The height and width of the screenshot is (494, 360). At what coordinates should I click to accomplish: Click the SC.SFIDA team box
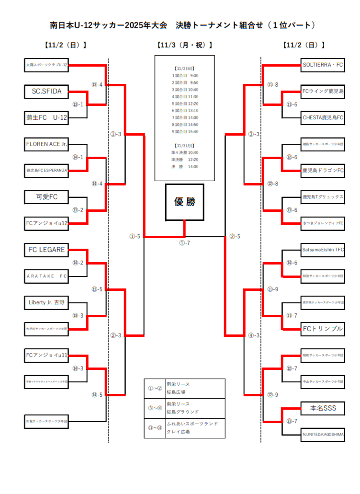(x=46, y=91)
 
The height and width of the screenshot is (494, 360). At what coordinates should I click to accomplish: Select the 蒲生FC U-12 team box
(x=46, y=117)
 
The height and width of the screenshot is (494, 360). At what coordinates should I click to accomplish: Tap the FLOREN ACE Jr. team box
(x=46, y=144)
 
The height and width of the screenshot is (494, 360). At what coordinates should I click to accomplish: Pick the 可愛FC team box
(x=46, y=196)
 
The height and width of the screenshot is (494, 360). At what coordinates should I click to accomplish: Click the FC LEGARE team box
(x=46, y=249)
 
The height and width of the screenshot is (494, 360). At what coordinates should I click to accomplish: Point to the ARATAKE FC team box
(x=46, y=276)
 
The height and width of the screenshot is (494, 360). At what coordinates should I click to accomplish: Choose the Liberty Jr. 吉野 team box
(x=46, y=302)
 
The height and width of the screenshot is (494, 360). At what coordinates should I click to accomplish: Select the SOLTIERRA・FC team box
(x=323, y=64)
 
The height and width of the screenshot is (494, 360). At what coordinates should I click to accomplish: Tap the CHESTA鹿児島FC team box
(x=323, y=117)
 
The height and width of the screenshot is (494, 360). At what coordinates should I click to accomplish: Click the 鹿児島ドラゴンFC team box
(x=323, y=170)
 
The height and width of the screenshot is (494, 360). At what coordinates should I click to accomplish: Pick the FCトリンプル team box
(x=323, y=329)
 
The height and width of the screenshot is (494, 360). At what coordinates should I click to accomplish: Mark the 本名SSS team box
(x=323, y=408)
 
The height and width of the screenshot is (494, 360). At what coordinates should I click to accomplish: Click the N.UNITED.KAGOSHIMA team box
(x=323, y=435)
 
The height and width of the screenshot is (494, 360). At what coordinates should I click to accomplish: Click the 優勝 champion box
(x=184, y=202)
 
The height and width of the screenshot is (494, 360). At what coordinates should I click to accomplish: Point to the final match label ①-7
(x=185, y=243)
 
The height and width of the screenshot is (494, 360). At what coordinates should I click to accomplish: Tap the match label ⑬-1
(x=78, y=104)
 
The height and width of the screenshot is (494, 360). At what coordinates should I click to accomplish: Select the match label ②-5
(x=235, y=236)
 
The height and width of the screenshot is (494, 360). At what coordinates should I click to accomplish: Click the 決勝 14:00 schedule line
(x=185, y=166)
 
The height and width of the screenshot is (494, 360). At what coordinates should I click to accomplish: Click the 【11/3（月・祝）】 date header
(x=184, y=46)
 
